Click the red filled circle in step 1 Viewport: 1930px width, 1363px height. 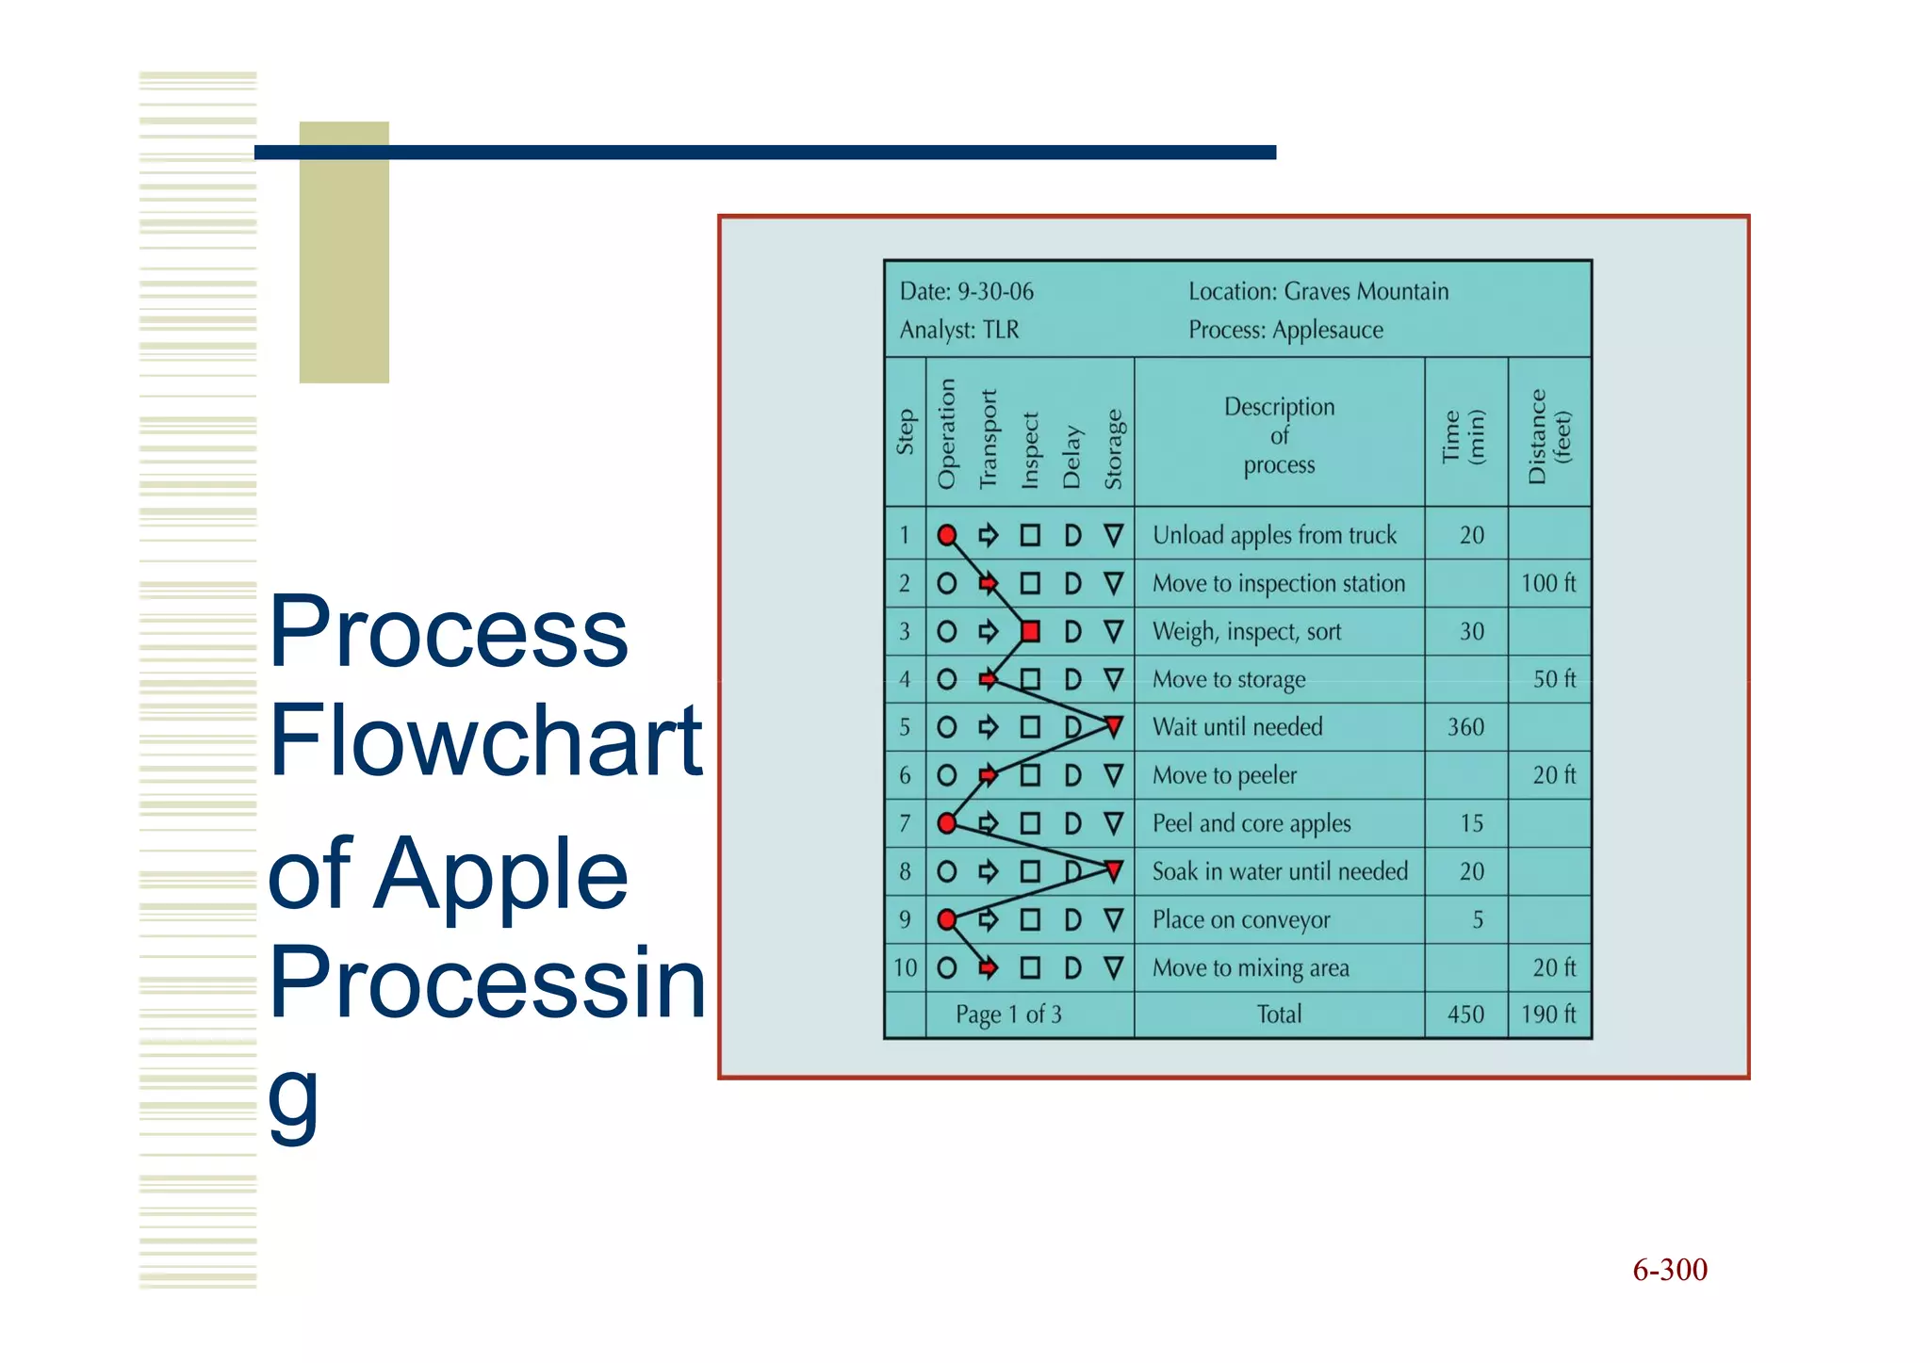[947, 536]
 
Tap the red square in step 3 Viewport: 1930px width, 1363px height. [1030, 631]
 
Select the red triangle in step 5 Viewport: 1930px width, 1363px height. [1114, 726]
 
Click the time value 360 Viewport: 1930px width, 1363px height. [1465, 727]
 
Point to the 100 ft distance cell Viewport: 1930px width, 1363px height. [1548, 583]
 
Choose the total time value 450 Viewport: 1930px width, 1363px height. [1465, 1014]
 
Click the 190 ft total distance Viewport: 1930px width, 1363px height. [1548, 1014]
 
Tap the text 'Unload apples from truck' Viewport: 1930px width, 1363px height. [1274, 535]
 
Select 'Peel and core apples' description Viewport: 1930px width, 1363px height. [1251, 823]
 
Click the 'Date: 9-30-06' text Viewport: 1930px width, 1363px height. [966, 291]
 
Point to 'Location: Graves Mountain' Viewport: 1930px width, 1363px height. [1317, 291]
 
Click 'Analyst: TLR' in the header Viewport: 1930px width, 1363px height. [958, 330]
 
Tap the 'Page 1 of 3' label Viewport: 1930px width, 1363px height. [1008, 1014]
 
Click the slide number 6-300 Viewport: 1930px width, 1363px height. [1669, 1270]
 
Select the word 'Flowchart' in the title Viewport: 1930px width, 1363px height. [485, 740]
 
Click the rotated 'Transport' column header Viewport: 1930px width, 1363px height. [988, 439]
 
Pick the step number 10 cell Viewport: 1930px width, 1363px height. [905, 967]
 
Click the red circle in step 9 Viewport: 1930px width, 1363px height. [947, 919]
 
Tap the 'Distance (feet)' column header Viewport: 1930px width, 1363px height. [1548, 435]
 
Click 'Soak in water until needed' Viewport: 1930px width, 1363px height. [1280, 871]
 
